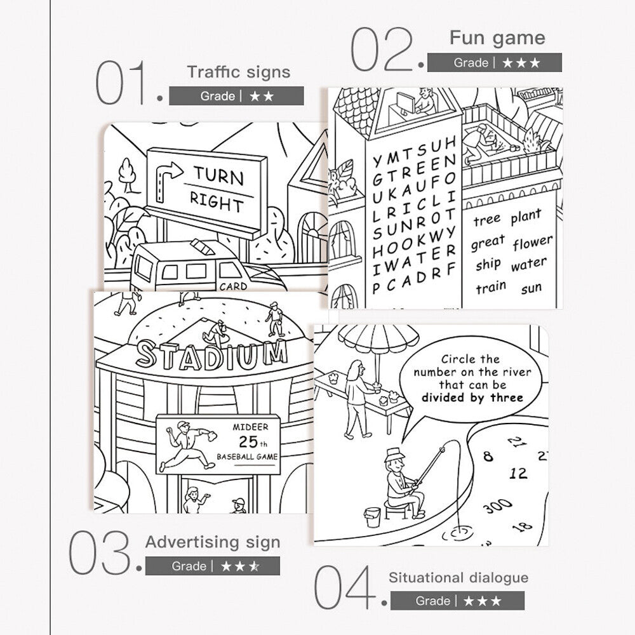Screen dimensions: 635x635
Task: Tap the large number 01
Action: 121,83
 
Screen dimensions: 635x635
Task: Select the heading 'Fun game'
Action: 497,39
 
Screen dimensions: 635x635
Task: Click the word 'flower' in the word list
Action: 533,243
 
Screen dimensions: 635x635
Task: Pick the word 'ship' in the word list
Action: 488,264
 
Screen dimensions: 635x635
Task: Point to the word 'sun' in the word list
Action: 531,288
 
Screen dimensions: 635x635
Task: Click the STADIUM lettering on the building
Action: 212,355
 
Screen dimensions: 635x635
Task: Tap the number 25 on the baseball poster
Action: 248,441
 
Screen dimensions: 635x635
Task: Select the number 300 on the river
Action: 498,505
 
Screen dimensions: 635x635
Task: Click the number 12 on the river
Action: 518,473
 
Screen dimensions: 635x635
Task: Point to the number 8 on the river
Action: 488,457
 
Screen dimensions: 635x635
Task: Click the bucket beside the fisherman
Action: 373,517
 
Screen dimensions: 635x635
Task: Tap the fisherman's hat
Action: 394,455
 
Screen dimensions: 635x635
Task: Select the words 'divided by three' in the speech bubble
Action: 472,398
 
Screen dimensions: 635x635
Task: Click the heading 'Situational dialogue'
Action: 458,578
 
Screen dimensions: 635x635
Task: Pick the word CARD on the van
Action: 233,286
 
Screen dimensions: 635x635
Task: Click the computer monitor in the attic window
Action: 405,103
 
